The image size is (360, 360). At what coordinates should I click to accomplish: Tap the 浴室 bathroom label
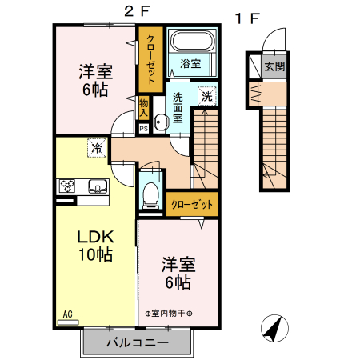pos(190,63)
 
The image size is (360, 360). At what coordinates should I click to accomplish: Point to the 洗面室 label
pos(178,108)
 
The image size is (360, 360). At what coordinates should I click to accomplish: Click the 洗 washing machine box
pos(207,94)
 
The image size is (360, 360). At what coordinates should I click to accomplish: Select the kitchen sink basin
pos(97,187)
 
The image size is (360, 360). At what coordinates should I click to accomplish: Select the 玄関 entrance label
pos(274,66)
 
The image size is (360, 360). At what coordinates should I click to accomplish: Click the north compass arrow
pos(276,329)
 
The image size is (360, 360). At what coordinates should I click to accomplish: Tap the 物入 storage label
pos(144,105)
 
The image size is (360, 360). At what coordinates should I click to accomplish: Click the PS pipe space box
pos(143,127)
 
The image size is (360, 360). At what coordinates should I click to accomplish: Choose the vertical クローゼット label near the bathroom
pos(150,59)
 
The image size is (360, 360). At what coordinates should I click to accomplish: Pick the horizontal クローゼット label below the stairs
pos(192,205)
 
